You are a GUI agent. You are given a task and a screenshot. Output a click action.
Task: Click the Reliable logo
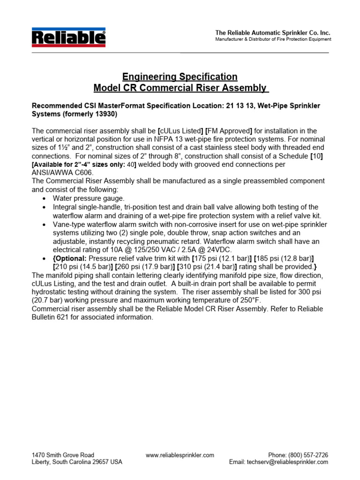[68, 37]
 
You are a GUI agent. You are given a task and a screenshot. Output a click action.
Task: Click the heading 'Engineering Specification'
[180, 76]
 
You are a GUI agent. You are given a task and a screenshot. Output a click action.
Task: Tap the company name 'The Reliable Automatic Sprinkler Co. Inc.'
[272, 33]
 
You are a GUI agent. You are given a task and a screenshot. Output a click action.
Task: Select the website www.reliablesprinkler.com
[180, 455]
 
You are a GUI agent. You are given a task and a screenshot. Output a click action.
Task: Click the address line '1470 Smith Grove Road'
[63, 455]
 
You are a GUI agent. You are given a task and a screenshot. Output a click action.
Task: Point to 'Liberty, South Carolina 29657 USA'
[77, 462]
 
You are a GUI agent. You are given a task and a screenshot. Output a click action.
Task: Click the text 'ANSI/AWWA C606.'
[63, 172]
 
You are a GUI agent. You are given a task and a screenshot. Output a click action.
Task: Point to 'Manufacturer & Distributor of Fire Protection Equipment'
[273, 39]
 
